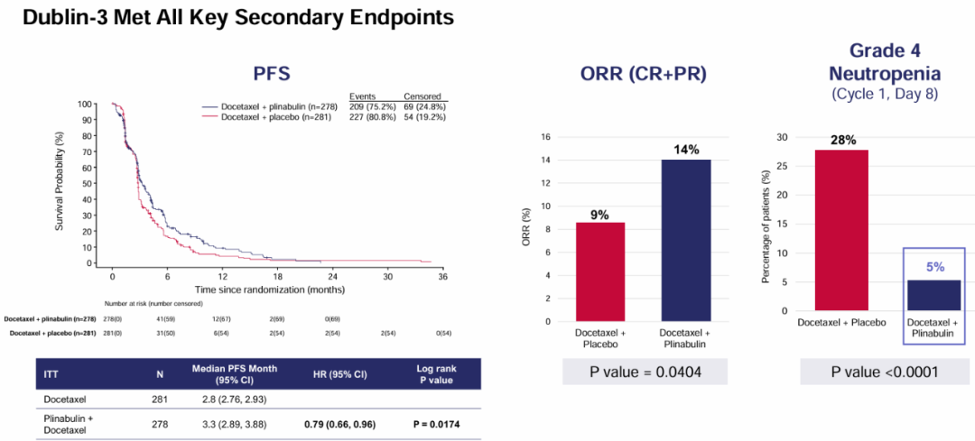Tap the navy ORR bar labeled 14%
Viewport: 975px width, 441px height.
click(x=685, y=240)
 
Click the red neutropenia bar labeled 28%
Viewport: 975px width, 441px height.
click(x=841, y=230)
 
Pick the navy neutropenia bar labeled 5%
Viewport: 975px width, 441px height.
click(x=933, y=295)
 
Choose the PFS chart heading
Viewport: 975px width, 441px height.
click(x=270, y=72)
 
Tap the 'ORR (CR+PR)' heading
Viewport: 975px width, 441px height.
click(x=643, y=76)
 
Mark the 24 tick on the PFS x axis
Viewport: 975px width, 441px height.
click(x=332, y=277)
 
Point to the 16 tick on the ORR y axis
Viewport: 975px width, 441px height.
click(x=546, y=137)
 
